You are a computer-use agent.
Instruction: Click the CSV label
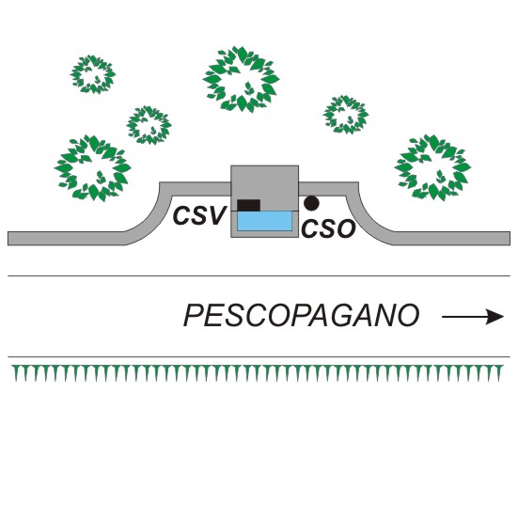pos(199,215)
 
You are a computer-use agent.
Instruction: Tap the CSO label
pos(328,228)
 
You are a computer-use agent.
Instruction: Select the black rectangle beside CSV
pos(249,205)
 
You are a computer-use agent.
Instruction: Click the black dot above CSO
pos(311,203)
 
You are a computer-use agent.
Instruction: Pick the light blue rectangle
pos(264,221)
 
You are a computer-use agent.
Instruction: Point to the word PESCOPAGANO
pos(301,316)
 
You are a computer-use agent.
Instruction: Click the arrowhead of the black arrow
pos(494,317)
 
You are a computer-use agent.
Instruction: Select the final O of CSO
pos(346,228)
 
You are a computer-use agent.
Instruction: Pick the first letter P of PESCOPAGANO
pos(194,316)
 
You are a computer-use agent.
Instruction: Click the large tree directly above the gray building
pos(242,79)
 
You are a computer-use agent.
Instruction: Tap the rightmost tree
pos(432,167)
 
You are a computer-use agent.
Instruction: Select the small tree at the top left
pos(93,74)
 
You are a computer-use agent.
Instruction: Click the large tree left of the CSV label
pos(93,168)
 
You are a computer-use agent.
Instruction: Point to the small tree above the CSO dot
pos(346,115)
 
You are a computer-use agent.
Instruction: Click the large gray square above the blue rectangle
pos(264,188)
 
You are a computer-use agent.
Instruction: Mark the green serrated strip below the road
pos(258,373)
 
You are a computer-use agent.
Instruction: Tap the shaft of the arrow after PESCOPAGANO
pos(464,317)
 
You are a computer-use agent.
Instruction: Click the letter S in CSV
pos(197,215)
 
